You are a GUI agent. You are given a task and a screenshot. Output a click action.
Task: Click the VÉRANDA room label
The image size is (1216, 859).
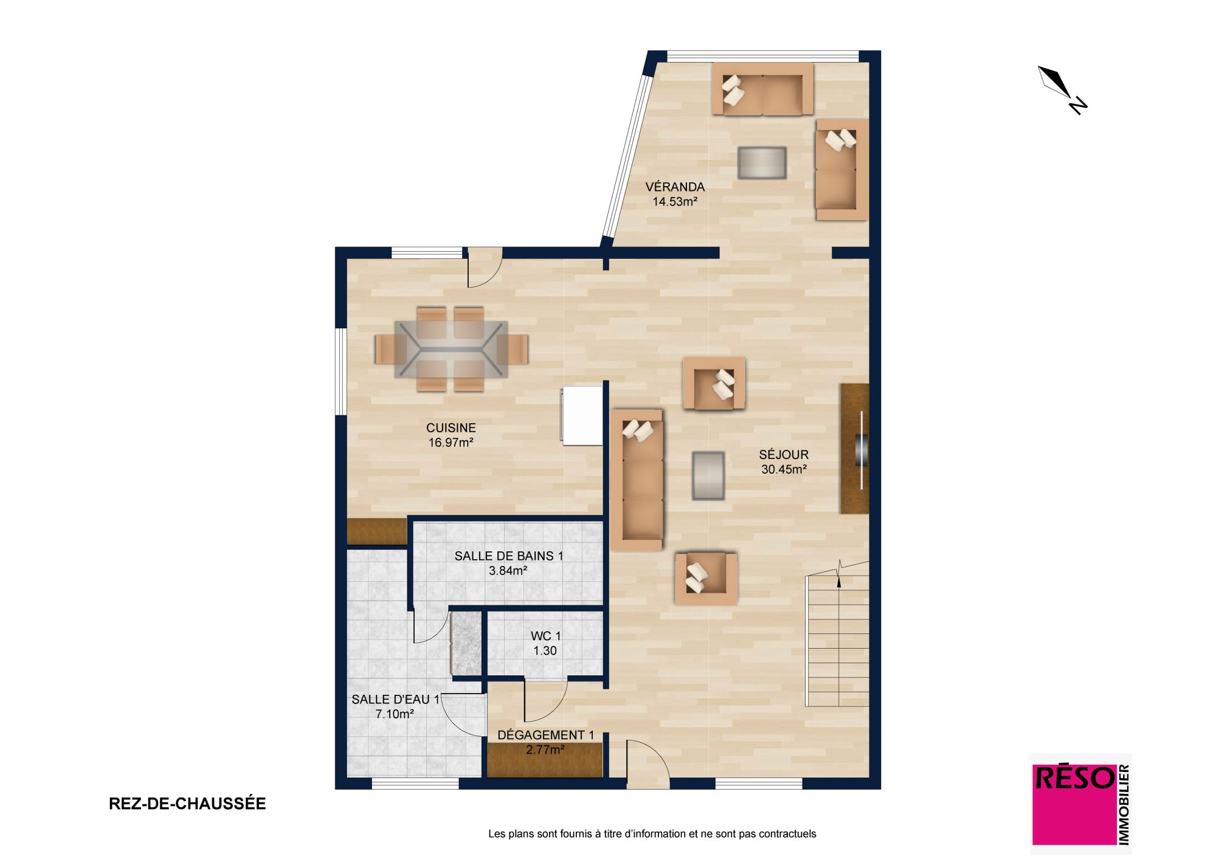(675, 187)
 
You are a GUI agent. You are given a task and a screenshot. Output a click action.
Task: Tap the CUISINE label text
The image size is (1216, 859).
(451, 428)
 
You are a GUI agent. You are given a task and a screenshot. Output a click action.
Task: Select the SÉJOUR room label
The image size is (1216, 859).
(784, 455)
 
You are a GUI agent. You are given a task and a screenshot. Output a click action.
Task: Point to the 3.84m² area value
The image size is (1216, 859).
(508, 571)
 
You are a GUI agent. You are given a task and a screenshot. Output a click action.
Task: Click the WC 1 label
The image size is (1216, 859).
(545, 636)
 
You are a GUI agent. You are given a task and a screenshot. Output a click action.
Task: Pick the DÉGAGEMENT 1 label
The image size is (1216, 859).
(545, 735)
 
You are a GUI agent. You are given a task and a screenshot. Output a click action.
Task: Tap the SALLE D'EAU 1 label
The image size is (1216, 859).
(395, 700)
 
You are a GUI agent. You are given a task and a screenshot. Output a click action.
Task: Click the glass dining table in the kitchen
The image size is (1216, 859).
(451, 350)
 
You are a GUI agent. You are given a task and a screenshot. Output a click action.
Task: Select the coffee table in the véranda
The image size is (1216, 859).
(762, 162)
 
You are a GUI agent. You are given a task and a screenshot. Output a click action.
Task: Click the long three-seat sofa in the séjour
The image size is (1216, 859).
(637, 480)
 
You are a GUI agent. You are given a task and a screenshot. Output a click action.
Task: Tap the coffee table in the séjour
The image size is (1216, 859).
(708, 475)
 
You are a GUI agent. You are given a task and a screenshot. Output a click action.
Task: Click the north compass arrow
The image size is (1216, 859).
(1062, 90)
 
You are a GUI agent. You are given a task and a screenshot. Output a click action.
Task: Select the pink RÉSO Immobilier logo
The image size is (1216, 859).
(1080, 804)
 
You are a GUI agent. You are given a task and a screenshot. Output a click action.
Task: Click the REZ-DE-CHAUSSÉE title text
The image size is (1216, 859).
(187, 804)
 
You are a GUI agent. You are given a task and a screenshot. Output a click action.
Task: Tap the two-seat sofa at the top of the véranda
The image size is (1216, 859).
(762, 89)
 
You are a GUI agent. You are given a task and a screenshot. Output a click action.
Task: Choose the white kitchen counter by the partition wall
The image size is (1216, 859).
(582, 416)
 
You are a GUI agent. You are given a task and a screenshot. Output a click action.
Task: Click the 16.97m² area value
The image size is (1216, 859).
(451, 443)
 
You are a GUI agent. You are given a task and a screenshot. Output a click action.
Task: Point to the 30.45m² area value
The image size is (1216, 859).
(784, 469)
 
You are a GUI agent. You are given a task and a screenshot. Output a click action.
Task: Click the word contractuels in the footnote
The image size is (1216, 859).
(787, 834)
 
